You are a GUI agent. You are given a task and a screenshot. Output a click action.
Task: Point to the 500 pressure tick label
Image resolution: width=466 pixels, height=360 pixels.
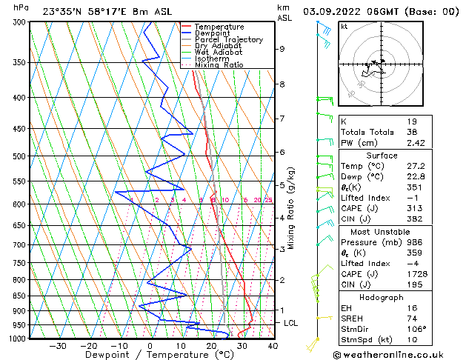[x=19, y=156]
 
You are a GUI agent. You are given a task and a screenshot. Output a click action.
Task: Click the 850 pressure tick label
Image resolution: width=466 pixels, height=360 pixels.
[x=19, y=296]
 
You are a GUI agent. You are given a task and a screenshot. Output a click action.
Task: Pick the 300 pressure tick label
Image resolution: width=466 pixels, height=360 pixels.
[x=19, y=22]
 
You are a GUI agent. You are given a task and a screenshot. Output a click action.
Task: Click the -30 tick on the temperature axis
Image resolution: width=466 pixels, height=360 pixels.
[x=58, y=345]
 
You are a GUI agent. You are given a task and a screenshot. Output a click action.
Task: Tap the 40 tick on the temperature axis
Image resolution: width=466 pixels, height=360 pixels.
[x=273, y=345]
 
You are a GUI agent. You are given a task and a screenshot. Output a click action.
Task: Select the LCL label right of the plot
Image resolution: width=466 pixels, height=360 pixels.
[x=291, y=324]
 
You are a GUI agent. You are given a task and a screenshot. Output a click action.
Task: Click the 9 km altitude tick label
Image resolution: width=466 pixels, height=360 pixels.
[x=282, y=49]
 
